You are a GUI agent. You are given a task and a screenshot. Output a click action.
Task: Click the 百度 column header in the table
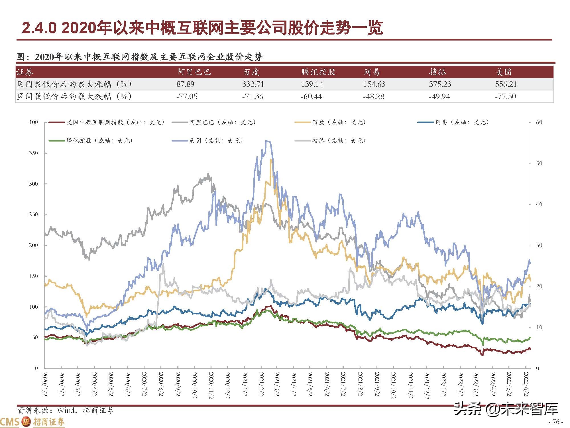251,72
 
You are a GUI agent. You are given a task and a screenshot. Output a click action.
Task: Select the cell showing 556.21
506,84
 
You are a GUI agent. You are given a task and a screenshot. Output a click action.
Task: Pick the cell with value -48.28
374,96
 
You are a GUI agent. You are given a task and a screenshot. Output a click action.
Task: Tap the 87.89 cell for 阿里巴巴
185,84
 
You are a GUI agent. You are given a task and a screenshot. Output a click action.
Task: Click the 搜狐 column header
437,72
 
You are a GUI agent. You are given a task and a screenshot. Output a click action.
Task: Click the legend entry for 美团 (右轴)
216,140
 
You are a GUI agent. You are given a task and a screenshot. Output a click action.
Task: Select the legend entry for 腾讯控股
99,140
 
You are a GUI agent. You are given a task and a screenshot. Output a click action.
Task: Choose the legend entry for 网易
462,122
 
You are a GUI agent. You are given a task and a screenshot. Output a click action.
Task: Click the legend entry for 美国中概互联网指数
115,122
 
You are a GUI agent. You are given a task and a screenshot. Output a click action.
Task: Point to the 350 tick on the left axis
33,153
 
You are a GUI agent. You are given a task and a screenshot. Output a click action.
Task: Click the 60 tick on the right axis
539,122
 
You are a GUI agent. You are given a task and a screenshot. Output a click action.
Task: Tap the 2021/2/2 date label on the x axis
261,384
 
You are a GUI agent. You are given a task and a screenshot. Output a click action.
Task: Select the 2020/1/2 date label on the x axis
45,384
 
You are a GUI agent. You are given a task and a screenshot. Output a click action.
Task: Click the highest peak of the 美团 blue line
267,141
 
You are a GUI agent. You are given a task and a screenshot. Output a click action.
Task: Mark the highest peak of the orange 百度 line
271,159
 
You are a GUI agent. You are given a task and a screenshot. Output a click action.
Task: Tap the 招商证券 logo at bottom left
33,422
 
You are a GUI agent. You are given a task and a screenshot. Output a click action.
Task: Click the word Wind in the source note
66,410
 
